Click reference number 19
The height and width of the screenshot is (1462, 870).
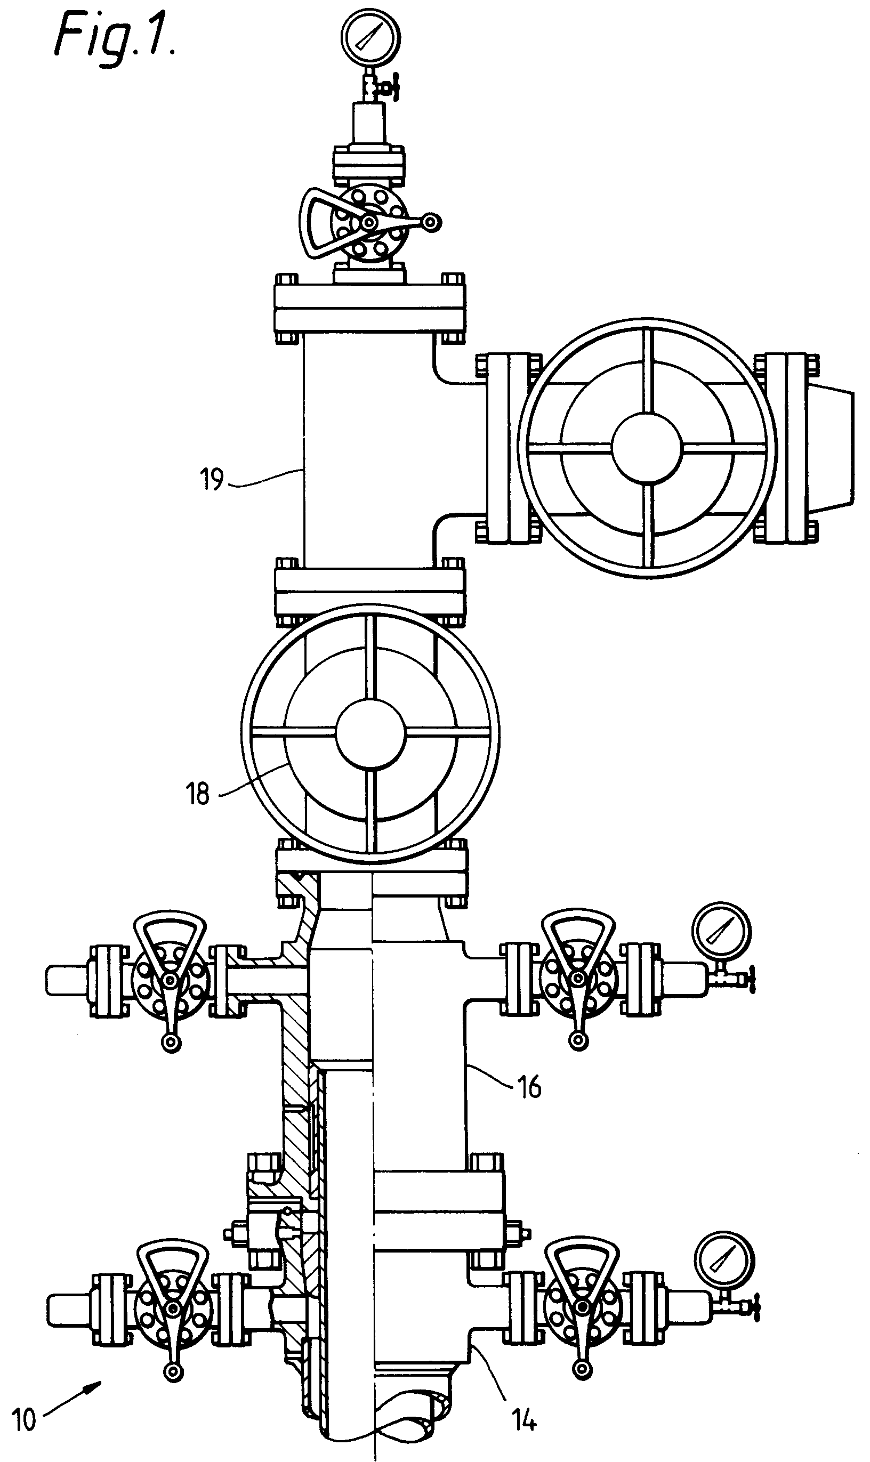[212, 480]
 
